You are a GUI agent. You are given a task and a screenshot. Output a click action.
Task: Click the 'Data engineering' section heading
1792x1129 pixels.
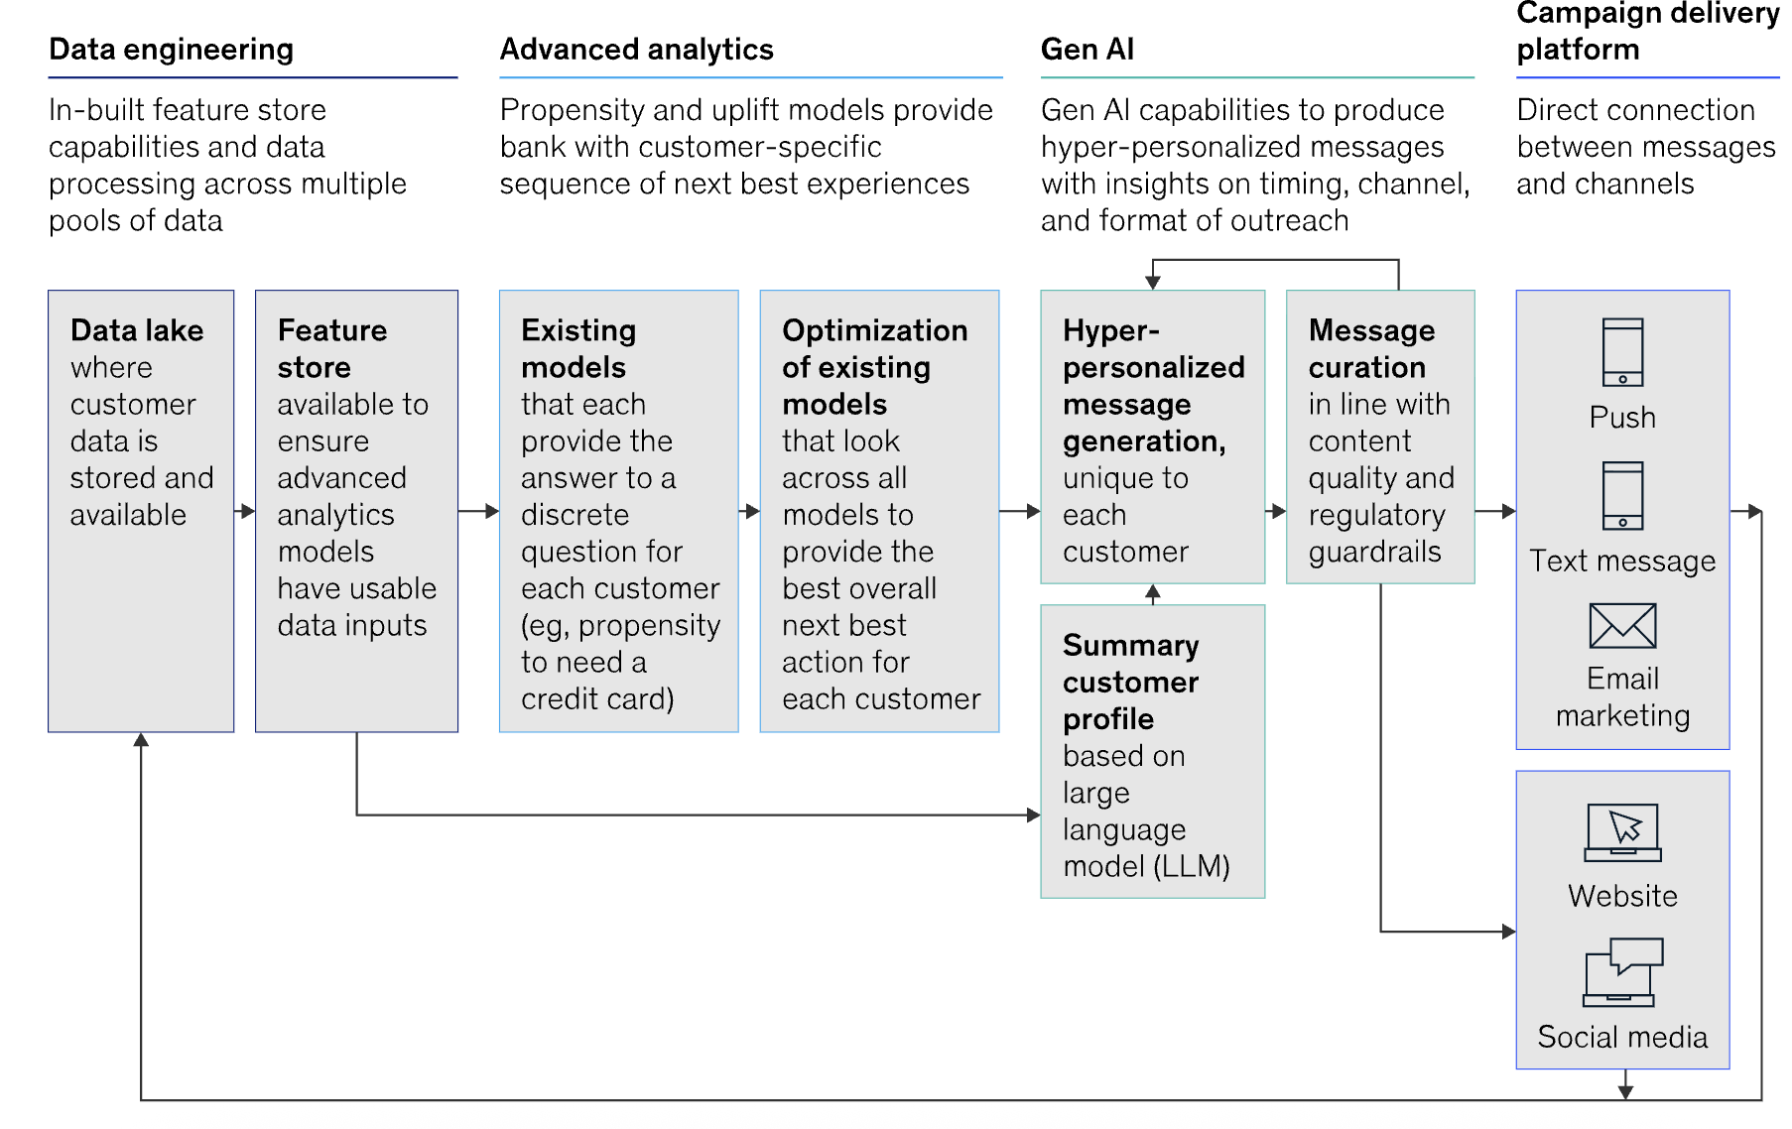pyautogui.click(x=171, y=50)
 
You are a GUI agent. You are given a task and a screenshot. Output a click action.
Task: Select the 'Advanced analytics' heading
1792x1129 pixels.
pyautogui.click(x=636, y=50)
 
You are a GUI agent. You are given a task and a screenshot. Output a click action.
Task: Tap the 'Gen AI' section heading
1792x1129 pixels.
pyautogui.click(x=1087, y=50)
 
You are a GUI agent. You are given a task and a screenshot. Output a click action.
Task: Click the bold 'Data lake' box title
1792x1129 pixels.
pyautogui.click(x=137, y=330)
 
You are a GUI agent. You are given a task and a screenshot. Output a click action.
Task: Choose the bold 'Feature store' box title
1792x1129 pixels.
pyautogui.click(x=331, y=348)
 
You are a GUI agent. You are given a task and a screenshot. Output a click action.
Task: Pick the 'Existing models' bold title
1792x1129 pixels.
pyautogui.click(x=578, y=348)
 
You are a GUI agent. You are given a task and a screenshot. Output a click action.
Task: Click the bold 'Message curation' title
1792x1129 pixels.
pyautogui.click(x=1371, y=348)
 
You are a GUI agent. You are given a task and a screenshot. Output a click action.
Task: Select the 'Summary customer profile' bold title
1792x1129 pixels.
pyautogui.click(x=1130, y=682)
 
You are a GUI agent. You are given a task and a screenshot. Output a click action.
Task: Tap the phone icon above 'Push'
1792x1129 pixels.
pyautogui.click(x=1622, y=352)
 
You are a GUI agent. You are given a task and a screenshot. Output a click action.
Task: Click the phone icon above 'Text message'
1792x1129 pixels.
pyautogui.click(x=1622, y=496)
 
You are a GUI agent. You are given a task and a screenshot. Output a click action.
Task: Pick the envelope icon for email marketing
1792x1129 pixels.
pyautogui.click(x=1622, y=626)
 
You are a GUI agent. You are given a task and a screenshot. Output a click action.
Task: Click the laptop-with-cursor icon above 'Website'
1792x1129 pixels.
pyautogui.click(x=1622, y=832)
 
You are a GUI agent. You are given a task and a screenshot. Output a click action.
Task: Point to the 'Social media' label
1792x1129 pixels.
pyautogui.click(x=1622, y=1037)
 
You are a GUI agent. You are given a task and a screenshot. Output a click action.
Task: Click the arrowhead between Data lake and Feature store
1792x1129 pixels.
pyautogui.click(x=249, y=511)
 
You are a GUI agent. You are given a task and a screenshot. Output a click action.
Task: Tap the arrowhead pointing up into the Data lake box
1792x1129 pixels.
pyautogui.click(x=141, y=739)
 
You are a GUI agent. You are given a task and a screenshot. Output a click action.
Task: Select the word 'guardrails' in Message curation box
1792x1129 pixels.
pyautogui.click(x=1374, y=552)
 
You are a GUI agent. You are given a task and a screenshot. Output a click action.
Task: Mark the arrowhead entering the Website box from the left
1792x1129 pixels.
pyautogui.click(x=1509, y=932)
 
